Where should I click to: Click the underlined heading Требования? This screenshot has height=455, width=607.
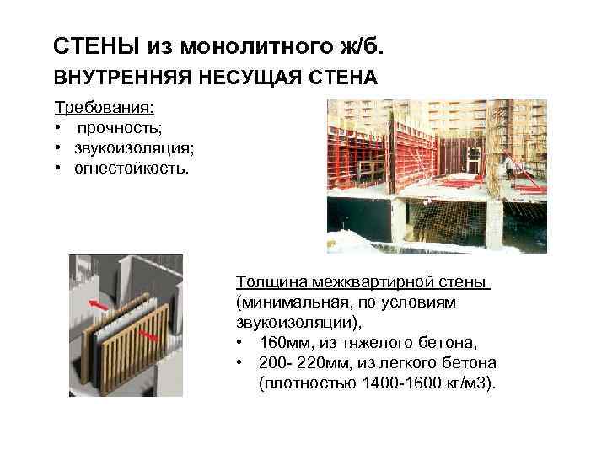[105, 110]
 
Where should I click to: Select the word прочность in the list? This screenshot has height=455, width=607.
[118, 129]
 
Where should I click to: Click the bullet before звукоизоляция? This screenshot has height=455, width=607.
[60, 148]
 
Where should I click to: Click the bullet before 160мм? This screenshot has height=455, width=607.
[242, 342]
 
